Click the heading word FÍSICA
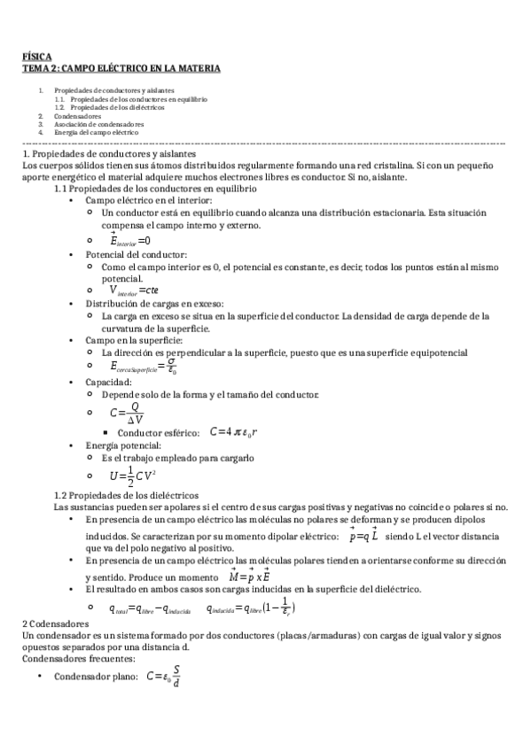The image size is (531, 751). point(37,57)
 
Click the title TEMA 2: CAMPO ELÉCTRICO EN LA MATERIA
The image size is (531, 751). point(121,68)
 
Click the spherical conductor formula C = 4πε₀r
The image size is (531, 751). point(234,432)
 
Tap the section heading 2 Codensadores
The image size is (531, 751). point(58,623)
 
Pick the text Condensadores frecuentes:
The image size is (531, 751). point(78,658)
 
